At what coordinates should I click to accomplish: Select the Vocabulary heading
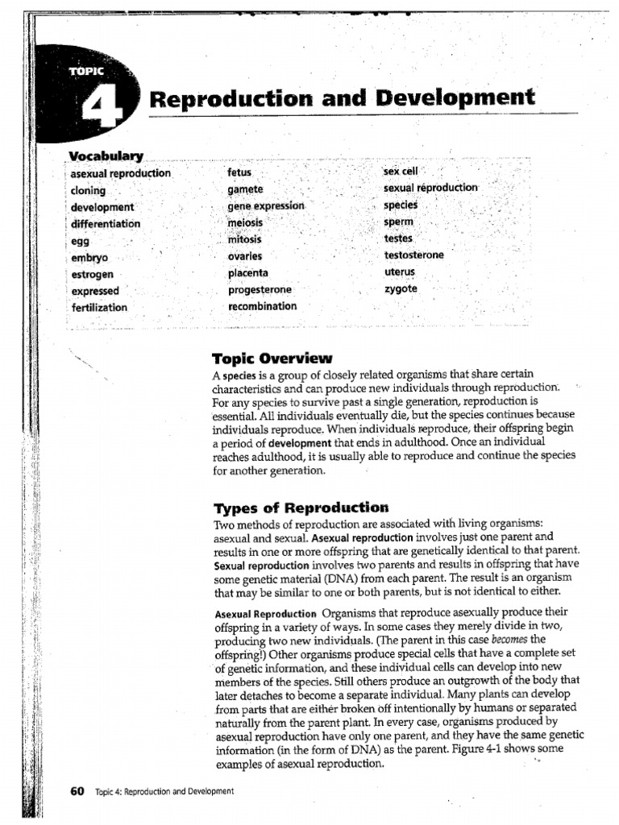[106, 155]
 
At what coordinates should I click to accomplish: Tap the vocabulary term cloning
[88, 190]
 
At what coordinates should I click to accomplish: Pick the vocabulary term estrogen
[92, 274]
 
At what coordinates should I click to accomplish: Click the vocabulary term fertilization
[99, 308]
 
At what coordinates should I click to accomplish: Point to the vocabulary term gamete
[245, 189]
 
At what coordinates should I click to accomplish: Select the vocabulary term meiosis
[245, 222]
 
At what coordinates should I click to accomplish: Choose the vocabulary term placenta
[248, 273]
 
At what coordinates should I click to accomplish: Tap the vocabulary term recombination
[262, 306]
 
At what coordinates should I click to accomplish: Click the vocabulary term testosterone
[413, 255]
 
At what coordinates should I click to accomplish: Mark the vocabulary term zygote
[401, 288]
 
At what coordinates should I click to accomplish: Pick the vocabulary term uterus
[399, 272]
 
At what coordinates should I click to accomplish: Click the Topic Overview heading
[272, 359]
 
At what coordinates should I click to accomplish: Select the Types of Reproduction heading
[301, 508]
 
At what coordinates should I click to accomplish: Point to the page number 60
[77, 790]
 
